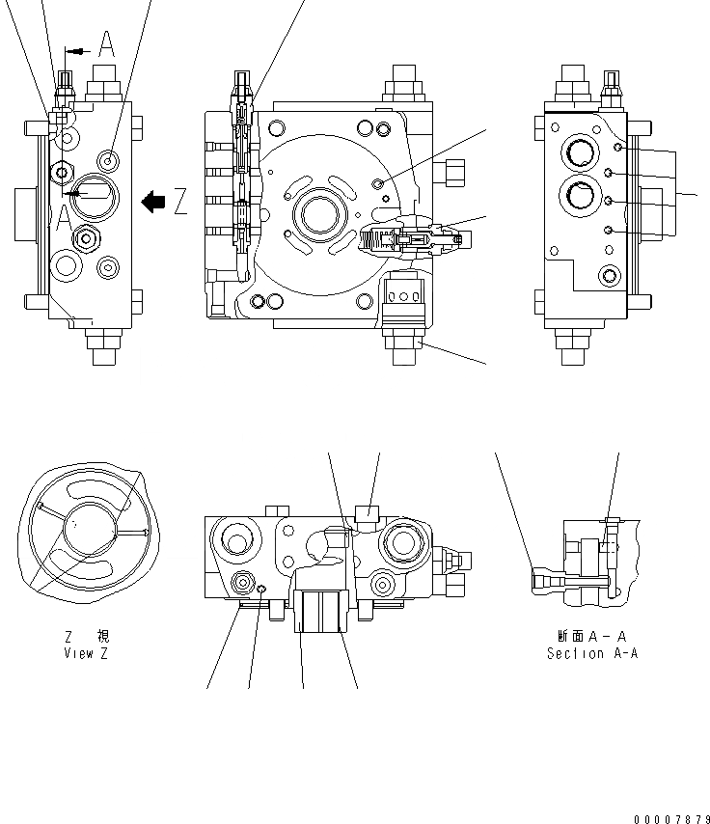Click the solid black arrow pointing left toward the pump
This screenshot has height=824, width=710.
point(152,202)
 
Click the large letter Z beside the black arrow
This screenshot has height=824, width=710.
point(180,202)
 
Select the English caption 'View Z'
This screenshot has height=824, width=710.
point(79,653)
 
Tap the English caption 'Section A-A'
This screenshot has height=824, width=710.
point(591,653)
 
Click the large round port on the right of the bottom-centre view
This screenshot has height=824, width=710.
point(401,545)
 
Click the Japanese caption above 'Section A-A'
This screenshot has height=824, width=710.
point(591,636)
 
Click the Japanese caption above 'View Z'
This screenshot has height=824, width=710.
point(79,636)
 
